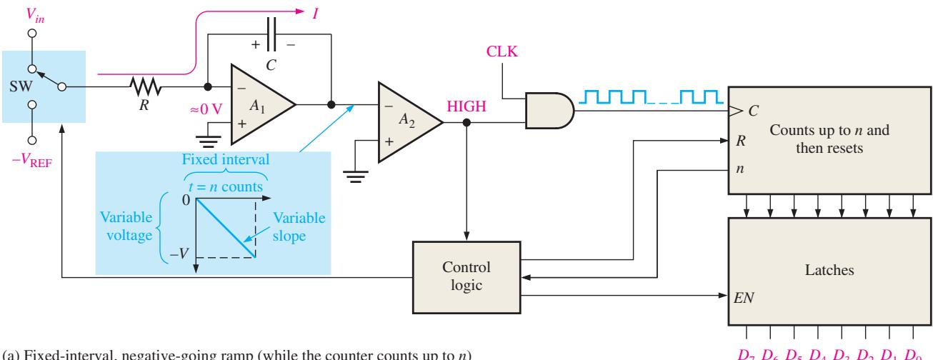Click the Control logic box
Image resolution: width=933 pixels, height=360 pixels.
click(466, 277)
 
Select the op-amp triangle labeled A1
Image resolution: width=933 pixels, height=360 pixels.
click(263, 104)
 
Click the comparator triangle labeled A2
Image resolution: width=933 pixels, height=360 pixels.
click(411, 122)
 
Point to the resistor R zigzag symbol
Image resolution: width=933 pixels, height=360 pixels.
click(145, 86)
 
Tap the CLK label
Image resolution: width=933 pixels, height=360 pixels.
click(502, 51)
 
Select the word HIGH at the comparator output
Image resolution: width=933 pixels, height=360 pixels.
click(466, 106)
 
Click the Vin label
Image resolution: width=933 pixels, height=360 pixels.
click(35, 16)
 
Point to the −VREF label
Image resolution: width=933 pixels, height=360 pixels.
click(32, 160)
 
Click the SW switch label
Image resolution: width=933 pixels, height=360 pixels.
click(21, 86)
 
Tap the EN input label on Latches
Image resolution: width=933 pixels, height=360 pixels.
click(744, 297)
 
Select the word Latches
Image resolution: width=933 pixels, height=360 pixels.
click(829, 270)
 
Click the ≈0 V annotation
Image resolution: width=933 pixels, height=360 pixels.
click(206, 109)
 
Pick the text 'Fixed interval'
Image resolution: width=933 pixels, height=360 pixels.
click(225, 159)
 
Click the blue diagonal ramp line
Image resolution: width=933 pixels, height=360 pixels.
click(226, 228)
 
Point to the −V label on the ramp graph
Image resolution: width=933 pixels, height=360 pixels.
click(179, 253)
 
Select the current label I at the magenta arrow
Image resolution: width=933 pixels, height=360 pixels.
click(315, 14)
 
